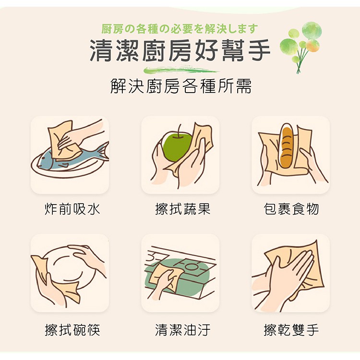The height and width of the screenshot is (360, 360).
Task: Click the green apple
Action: coord(177,147)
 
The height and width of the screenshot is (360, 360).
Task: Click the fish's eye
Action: coord(43,158)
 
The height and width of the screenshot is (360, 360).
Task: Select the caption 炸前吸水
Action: coord(72,209)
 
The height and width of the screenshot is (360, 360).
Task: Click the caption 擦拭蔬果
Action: coord(182,209)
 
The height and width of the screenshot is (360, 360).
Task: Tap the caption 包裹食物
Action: coord(291,209)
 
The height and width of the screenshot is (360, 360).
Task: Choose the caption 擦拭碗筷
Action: coord(72,330)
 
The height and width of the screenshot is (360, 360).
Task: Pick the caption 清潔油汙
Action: coord(182,330)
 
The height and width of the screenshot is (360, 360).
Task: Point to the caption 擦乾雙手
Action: coord(291,330)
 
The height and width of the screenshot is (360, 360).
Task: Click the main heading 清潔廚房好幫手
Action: coord(180,50)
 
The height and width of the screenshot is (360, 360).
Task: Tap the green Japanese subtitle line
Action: coord(180,29)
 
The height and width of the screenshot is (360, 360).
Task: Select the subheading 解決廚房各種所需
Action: coord(181,86)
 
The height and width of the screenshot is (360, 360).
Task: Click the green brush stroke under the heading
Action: coord(181,70)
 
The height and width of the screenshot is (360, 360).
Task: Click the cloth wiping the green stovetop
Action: coord(166,276)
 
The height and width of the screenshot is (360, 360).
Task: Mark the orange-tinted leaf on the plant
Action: coord(312,45)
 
